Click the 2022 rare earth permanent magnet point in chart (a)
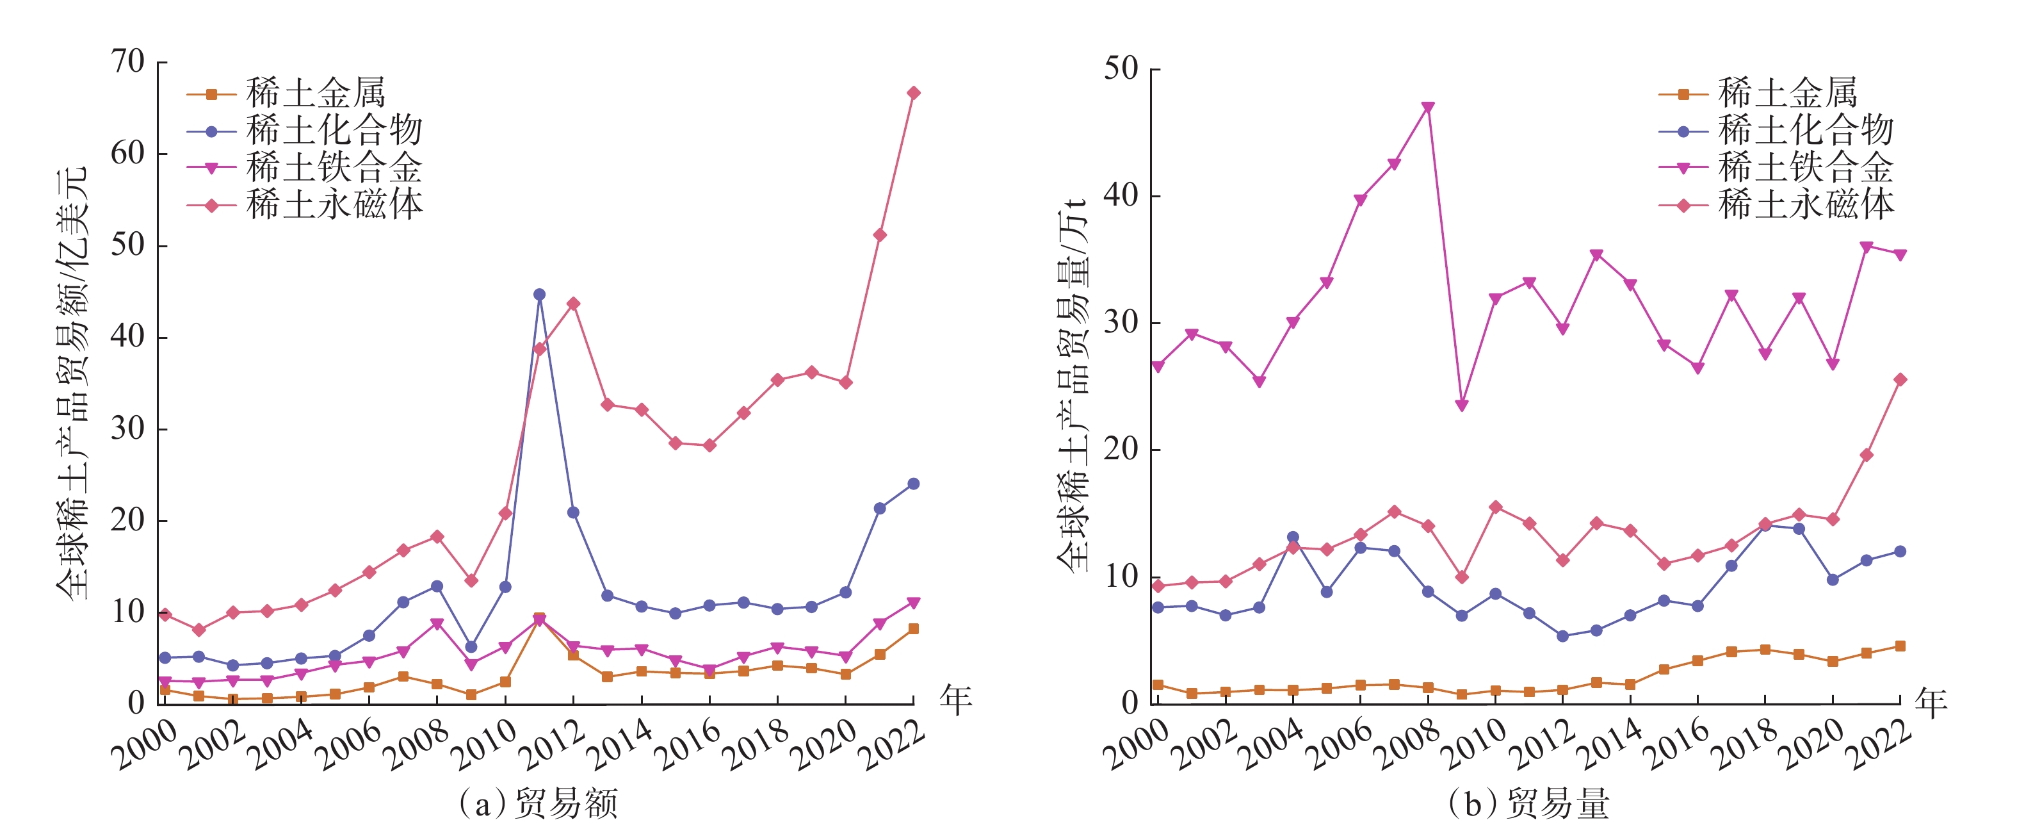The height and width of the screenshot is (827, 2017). click(913, 93)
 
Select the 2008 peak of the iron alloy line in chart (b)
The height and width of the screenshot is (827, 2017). click(1428, 107)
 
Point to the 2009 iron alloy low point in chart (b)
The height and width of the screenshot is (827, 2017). click(1462, 405)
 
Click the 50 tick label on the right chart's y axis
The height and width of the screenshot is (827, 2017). click(1121, 70)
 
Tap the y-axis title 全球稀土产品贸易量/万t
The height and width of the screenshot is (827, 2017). click(1072, 384)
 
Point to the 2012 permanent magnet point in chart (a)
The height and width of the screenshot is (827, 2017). click(573, 304)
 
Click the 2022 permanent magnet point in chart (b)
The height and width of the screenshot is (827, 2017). click(1900, 380)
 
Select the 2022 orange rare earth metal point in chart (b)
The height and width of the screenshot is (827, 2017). click(1900, 646)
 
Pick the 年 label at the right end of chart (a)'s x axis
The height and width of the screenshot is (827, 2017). click(956, 700)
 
